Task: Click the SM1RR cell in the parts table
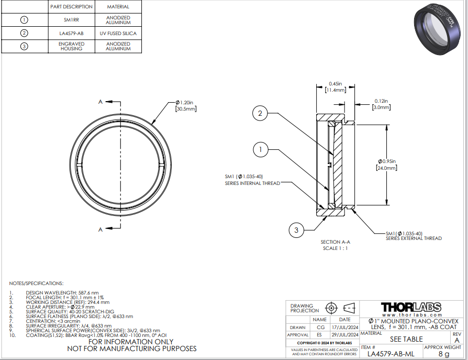71,20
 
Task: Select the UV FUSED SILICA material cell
118,34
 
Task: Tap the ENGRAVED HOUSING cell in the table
71,46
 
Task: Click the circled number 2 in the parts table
24,33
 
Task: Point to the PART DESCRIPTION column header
71,7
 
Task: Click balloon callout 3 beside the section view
296,230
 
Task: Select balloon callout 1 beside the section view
260,149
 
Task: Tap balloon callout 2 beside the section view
260,113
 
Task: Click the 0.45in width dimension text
336,84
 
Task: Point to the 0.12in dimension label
381,101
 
